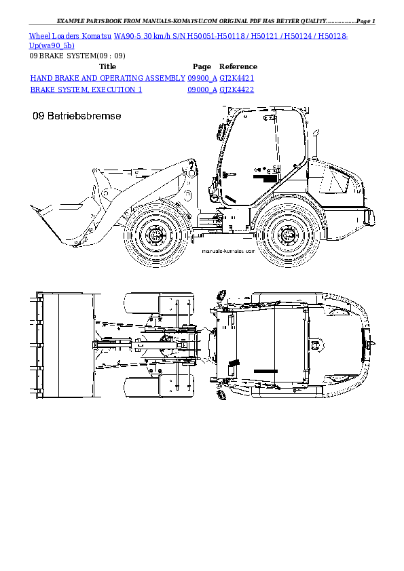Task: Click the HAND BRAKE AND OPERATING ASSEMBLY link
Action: pos(108,79)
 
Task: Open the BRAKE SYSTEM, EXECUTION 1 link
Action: pos(86,90)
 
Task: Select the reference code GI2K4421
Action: pos(237,79)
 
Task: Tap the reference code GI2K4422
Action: pos(237,90)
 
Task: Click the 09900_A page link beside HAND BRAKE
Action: pos(202,79)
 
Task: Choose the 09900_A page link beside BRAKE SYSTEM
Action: pos(202,90)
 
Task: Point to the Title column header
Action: pos(108,67)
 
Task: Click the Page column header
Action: pos(202,67)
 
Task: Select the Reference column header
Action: pos(238,67)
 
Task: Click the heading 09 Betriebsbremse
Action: pos(77,117)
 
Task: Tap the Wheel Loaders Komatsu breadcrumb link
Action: pos(70,35)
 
